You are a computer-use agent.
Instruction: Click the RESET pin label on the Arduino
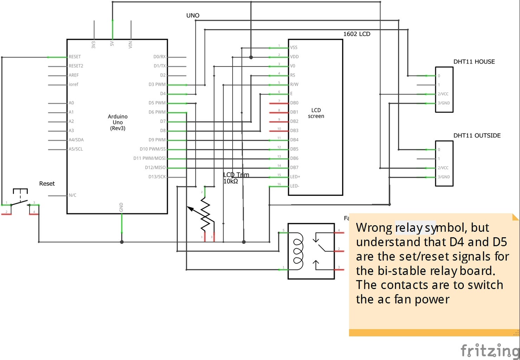coord(74,57)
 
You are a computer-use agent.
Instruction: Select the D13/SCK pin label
coord(157,177)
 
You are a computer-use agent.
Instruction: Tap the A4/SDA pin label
coord(76,140)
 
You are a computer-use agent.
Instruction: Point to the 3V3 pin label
coord(93,45)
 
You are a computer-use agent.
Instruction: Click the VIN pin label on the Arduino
coord(130,45)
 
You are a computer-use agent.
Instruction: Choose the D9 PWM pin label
coord(157,140)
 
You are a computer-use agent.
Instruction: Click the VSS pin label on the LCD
coord(294,47)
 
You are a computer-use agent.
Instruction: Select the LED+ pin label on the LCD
coord(295,177)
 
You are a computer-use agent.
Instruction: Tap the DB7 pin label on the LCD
coord(294,168)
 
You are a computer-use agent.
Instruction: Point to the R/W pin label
coord(294,84)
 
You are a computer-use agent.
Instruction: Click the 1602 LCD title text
coord(357,34)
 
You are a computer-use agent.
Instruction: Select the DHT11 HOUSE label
coord(474,62)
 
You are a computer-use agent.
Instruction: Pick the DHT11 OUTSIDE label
coord(477,136)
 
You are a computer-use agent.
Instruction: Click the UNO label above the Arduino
coord(193,15)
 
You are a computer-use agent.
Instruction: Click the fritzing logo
coord(490,350)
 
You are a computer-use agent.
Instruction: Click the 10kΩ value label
coord(230,181)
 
